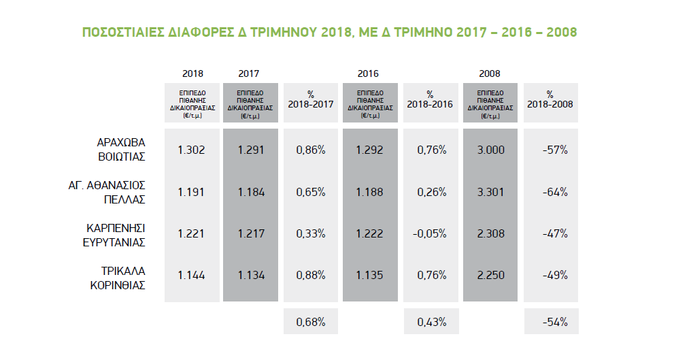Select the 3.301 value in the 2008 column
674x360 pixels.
(491, 192)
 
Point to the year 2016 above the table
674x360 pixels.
(368, 73)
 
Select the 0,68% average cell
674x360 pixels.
(311, 321)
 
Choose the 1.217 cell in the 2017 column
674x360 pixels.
(250, 233)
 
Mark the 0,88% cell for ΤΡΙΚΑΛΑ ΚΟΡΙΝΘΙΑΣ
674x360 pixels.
(311, 276)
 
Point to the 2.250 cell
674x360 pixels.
(491, 276)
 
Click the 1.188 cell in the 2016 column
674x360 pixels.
(369, 192)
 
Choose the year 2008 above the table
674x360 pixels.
(490, 73)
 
